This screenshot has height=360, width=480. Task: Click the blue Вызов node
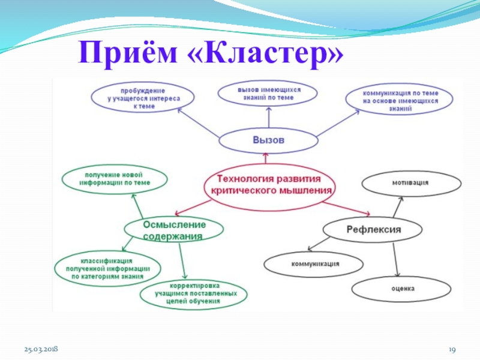pyautogui.click(x=268, y=140)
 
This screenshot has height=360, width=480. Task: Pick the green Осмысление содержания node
pyautogui.click(x=174, y=230)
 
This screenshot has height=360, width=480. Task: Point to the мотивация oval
pyautogui.click(x=410, y=182)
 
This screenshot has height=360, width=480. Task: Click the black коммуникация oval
pyautogui.click(x=314, y=264)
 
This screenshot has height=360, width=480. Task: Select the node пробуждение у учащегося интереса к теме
pyautogui.click(x=142, y=97)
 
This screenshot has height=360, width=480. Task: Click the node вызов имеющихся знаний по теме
pyautogui.click(x=268, y=93)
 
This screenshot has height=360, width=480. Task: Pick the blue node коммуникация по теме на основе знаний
pyautogui.click(x=400, y=100)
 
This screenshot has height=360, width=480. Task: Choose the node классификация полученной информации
pyautogui.click(x=107, y=269)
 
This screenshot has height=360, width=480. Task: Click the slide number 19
pyautogui.click(x=454, y=349)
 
